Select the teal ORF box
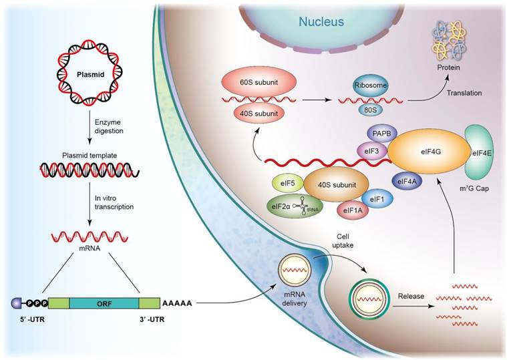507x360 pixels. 104,303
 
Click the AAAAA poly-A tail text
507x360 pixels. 177,303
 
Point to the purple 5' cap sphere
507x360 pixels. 16,303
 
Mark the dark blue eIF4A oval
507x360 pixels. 406,181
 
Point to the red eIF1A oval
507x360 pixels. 353,210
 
